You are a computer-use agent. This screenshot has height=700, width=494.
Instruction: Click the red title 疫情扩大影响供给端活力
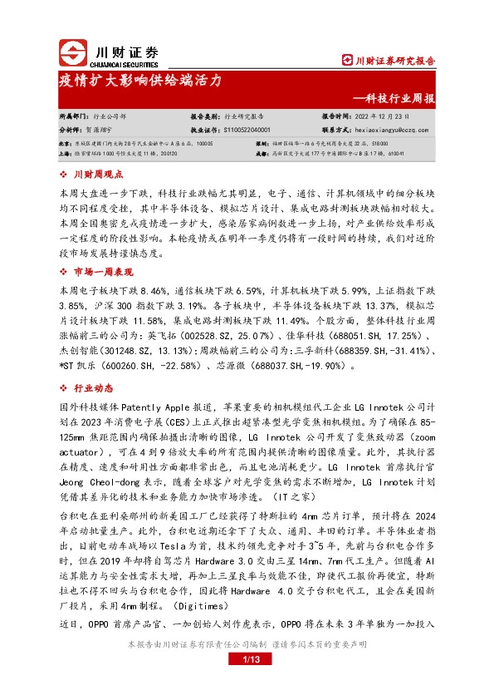pos(139,81)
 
